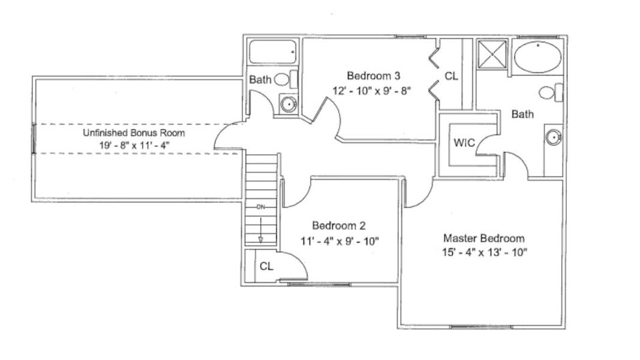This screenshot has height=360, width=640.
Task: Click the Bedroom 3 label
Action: click(x=373, y=76)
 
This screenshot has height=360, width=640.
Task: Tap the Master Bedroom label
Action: click(x=483, y=238)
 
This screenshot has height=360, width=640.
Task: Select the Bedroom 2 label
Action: click(x=338, y=226)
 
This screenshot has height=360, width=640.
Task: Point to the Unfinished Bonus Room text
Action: click(x=134, y=133)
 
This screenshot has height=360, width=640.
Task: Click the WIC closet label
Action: click(x=464, y=143)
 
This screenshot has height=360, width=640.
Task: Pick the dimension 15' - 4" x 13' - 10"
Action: click(x=484, y=253)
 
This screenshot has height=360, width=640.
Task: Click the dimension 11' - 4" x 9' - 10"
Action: click(x=339, y=241)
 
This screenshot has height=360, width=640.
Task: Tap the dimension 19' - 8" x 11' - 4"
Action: click(x=135, y=145)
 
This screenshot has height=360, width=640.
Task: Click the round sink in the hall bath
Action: click(x=289, y=104)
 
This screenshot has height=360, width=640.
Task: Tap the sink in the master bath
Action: click(x=553, y=137)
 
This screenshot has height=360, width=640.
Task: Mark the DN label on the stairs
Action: click(x=261, y=207)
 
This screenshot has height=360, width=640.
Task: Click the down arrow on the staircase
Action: click(x=261, y=231)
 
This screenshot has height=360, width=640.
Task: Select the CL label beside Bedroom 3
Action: click(x=451, y=76)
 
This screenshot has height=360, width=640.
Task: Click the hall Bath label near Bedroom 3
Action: click(x=260, y=79)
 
